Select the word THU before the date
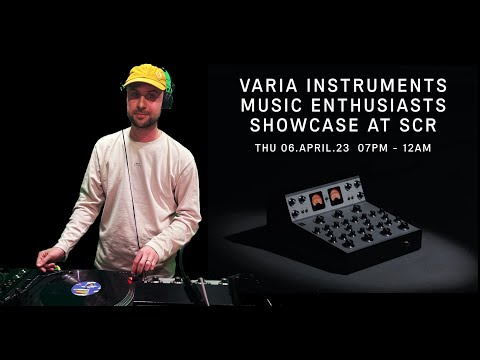tap(267, 147)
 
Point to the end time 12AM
tap(419, 147)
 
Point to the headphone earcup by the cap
tap(168, 98)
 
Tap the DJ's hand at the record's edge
tap(49, 259)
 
